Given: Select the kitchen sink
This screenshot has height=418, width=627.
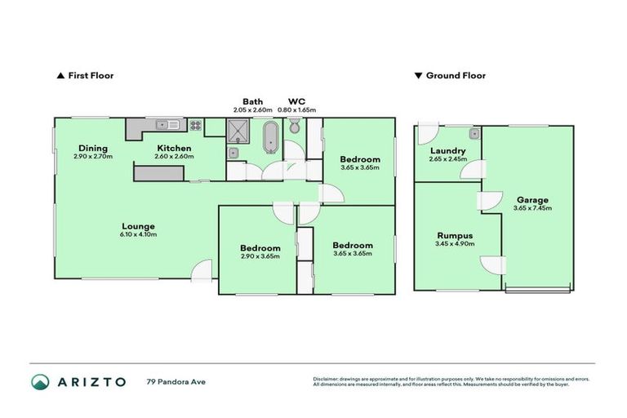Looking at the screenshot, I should (170, 125).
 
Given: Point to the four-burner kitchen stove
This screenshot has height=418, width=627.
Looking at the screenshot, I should (196, 126).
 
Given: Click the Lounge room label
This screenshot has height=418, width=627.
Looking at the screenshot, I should (137, 226).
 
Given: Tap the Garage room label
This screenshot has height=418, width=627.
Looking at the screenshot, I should (531, 199).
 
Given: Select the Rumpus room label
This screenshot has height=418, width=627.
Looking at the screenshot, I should (455, 235).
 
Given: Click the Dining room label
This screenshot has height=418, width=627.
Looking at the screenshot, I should (93, 148).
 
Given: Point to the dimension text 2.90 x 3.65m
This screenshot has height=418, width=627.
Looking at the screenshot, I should (260, 256).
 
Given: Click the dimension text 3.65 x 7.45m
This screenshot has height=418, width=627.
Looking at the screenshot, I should (531, 208).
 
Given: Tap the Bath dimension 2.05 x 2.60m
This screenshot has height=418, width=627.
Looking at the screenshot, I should (251, 110).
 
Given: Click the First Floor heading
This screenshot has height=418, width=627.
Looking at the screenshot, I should (90, 76).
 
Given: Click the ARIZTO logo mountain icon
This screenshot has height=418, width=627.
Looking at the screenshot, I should (40, 381).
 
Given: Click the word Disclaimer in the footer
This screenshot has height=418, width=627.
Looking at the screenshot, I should (327, 379).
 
